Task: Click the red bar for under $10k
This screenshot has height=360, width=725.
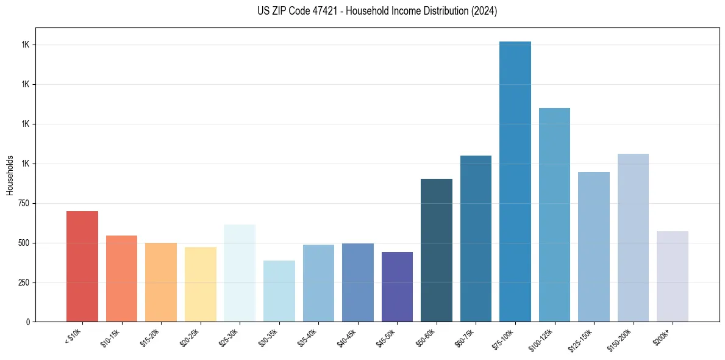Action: (82, 266)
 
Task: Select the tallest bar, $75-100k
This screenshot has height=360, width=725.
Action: (515, 181)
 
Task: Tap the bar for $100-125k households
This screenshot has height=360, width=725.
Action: (554, 215)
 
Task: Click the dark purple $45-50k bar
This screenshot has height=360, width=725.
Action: (397, 287)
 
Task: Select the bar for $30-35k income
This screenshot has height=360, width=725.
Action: (279, 291)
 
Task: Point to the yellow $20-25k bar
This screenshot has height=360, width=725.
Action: (201, 284)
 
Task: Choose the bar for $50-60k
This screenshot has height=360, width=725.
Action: (437, 250)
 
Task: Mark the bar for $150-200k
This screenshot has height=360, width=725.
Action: (633, 237)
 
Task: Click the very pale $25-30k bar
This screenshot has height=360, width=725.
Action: (240, 273)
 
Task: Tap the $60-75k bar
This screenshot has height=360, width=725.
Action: (476, 239)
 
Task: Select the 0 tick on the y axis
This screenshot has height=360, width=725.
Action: (28, 322)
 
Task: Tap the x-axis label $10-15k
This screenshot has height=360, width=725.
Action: (110, 337)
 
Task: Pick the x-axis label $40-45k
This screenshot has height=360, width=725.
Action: (346, 337)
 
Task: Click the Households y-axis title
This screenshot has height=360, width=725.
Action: (10, 175)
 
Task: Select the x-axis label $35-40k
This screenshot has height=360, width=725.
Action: (307, 337)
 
